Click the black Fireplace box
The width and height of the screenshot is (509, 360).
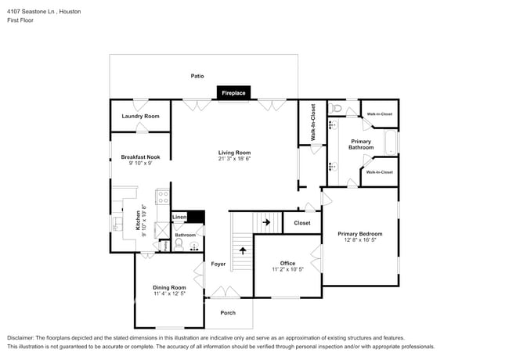[233, 92]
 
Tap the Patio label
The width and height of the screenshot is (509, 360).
[197, 76]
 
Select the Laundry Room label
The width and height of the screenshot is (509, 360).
[140, 116]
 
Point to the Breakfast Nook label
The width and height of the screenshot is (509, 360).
[140, 157]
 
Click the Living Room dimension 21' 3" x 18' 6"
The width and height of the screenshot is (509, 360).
[234, 159]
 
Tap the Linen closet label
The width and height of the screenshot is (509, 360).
[179, 217]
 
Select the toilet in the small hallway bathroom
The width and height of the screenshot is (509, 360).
[178, 244]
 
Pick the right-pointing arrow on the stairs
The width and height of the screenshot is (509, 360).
[266, 222]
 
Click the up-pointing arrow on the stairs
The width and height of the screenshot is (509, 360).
[242, 251]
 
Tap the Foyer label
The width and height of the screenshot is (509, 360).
[218, 264]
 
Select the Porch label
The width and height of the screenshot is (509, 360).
[227, 312]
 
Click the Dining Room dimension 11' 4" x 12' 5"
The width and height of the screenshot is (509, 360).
[169, 293]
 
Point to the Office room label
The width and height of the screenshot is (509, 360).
[287, 263]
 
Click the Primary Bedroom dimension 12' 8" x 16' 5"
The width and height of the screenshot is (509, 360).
[359, 240]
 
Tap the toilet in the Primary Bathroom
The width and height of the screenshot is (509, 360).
[335, 108]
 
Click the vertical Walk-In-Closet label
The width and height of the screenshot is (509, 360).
[312, 123]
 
